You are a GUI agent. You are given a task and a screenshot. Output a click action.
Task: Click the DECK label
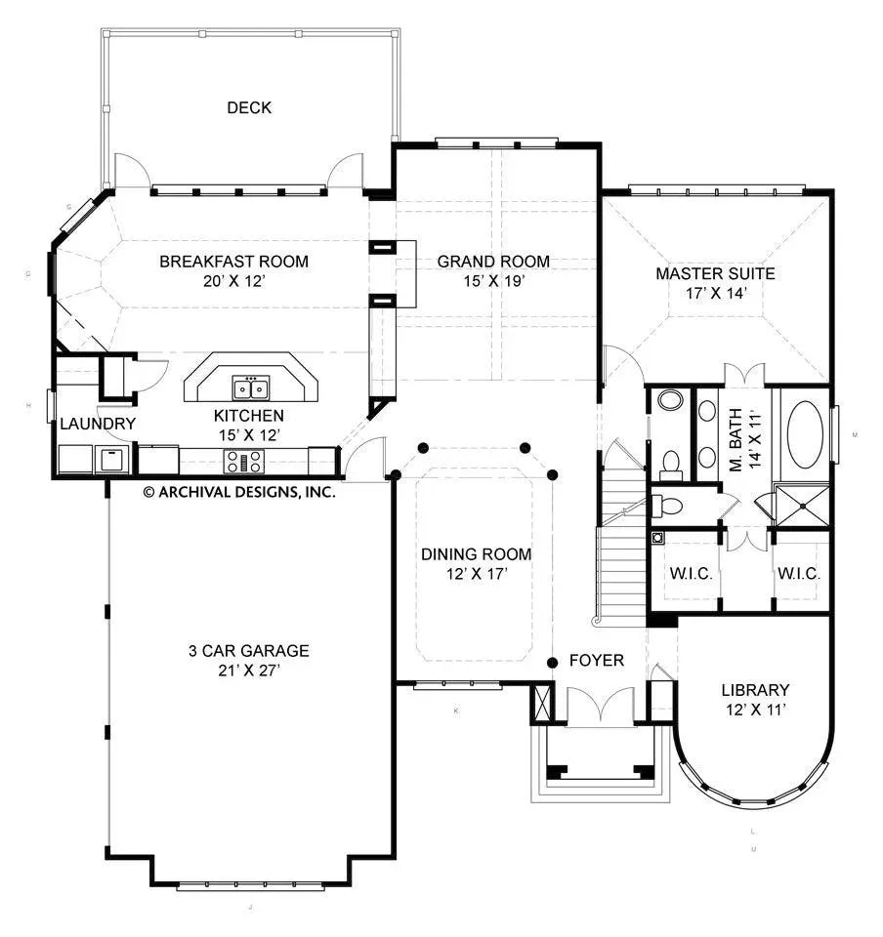(248, 107)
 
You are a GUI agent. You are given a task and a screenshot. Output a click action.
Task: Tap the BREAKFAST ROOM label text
(233, 261)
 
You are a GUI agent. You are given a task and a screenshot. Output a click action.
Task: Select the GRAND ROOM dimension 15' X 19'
(492, 280)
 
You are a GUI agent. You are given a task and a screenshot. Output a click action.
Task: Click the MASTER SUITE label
(715, 273)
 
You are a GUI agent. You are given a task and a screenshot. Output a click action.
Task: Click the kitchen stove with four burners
(243, 461)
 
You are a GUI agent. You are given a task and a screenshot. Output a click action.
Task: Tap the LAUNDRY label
(98, 424)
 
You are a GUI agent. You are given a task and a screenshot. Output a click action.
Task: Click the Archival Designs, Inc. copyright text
(239, 492)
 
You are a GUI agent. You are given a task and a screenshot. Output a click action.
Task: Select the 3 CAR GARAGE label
(248, 650)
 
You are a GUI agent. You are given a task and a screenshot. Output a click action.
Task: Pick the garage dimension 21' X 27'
(248, 670)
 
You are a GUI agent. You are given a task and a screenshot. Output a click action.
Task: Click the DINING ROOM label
(477, 554)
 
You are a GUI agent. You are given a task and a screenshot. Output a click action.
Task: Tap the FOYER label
(596, 661)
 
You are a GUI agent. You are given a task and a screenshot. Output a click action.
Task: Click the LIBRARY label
(755, 689)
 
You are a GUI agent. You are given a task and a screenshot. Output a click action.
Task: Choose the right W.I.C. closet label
(798, 573)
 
